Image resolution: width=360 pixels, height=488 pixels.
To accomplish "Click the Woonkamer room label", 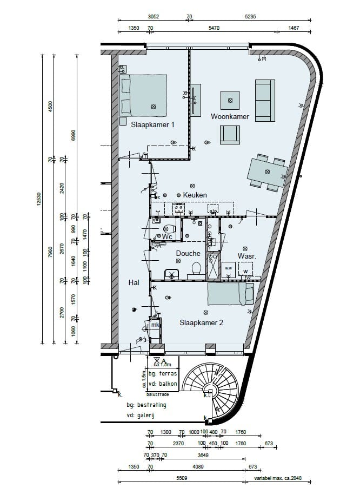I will click(x=230, y=116).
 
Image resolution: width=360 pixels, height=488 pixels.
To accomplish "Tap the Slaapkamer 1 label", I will click(x=152, y=124).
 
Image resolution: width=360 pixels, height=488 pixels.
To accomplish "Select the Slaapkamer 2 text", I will click(x=201, y=322).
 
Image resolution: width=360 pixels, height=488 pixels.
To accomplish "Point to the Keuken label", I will click(x=195, y=195).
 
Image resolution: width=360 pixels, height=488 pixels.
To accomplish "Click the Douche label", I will click(x=188, y=253).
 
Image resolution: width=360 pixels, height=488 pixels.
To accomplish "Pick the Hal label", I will click(x=134, y=282).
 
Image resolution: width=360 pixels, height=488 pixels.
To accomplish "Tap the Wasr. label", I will click(x=246, y=256).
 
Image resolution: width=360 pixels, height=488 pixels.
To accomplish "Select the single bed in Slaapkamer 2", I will click(x=230, y=294).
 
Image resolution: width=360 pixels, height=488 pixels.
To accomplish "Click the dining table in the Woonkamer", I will click(x=268, y=172).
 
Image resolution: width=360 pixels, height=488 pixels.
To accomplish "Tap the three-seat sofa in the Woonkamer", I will click(x=264, y=100).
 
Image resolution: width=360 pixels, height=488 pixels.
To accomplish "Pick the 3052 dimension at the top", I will click(x=154, y=17).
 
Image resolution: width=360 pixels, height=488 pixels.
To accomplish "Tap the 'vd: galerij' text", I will click(x=146, y=415).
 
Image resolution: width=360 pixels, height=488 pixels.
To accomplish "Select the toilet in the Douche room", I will click(x=196, y=268).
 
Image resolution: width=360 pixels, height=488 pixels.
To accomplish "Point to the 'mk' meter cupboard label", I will click(x=155, y=325).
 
